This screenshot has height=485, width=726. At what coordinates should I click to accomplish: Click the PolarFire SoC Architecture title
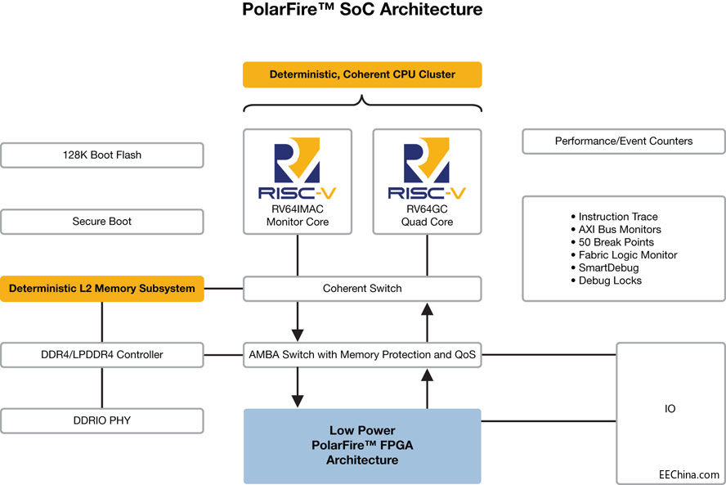[x=362, y=11]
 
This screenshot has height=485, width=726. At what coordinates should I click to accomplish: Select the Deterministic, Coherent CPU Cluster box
[x=362, y=74]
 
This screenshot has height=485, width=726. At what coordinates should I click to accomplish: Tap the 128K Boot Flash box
[x=102, y=155]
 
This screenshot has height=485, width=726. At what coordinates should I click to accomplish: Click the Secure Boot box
[x=102, y=222]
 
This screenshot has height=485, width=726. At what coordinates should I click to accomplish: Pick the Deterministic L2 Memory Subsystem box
[x=102, y=288]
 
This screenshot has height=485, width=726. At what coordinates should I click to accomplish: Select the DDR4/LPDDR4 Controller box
[x=102, y=354]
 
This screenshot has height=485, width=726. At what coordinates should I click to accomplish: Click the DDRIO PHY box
[x=102, y=420]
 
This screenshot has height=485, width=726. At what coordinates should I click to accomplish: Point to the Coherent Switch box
[x=362, y=288]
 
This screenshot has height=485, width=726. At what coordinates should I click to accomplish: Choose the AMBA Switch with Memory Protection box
[x=362, y=354]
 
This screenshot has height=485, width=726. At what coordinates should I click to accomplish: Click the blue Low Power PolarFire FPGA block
[x=362, y=446]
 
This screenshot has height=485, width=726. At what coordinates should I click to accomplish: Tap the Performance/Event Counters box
[x=624, y=141]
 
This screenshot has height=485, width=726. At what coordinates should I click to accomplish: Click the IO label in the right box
[x=670, y=408]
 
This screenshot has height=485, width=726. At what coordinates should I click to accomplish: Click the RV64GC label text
[x=427, y=209]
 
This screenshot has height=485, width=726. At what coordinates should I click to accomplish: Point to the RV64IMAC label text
[x=297, y=209]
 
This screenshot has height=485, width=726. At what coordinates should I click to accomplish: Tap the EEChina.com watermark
[x=689, y=474]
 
